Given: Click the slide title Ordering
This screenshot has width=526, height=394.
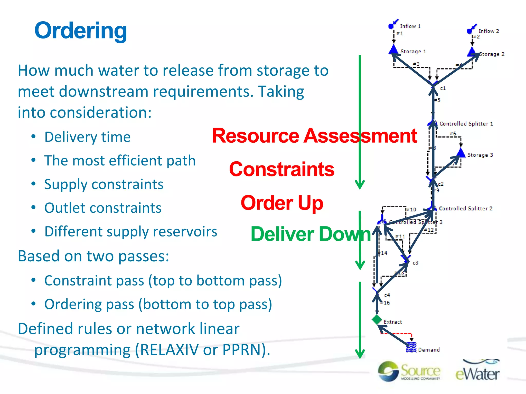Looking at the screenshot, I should [x=81, y=31].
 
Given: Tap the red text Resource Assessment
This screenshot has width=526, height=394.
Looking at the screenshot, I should [x=314, y=136].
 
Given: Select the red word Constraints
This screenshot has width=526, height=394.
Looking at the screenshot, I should [x=281, y=169].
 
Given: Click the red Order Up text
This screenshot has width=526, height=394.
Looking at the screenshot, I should [x=282, y=203].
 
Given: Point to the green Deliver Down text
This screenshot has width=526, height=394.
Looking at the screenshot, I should [x=311, y=234].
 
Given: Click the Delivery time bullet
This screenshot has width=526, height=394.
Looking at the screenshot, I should [x=87, y=137].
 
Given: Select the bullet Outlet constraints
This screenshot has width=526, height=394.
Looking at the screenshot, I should [x=103, y=208].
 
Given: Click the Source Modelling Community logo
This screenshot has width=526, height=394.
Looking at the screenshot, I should [x=409, y=371].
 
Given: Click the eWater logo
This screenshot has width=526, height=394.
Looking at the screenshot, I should [x=477, y=371].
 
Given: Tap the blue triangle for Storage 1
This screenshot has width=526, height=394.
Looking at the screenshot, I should [x=393, y=50].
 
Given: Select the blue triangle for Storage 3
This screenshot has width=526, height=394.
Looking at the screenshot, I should [x=461, y=153].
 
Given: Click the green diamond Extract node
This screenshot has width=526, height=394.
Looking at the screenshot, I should [x=377, y=320].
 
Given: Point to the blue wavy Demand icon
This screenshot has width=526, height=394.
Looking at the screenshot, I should [x=411, y=348].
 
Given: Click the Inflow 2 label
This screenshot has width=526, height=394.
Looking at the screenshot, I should [x=489, y=31].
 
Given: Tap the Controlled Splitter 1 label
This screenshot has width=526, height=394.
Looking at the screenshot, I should [x=466, y=124].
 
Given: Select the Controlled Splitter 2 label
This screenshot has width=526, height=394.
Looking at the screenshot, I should [x=465, y=209].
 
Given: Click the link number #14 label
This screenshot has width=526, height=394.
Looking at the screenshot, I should [x=384, y=253].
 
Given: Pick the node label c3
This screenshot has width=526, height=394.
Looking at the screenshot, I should [x=415, y=263].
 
